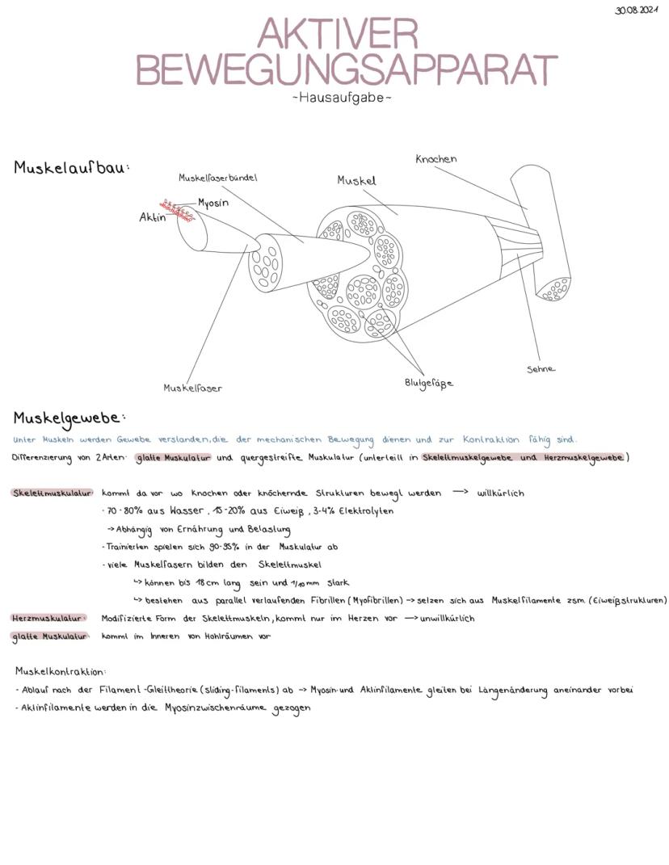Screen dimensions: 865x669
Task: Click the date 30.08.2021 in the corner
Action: pos(637,10)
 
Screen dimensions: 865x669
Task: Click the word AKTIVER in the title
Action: pos(339,36)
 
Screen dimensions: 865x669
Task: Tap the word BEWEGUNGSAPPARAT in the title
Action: pos(346,70)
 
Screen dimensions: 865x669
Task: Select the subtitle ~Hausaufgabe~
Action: pos(342,99)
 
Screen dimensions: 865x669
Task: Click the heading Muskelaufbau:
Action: pos(72,168)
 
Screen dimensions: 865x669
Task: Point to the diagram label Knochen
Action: pos(435,159)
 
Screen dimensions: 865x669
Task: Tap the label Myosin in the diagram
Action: pos(213,203)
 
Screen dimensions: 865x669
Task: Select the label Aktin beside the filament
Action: pos(152,217)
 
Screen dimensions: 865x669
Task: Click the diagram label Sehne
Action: pos(541,369)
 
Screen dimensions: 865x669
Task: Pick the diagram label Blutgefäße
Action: pos(428,383)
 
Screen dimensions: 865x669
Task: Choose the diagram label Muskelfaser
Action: pos(192,388)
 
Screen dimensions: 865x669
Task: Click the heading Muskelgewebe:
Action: pos(69,418)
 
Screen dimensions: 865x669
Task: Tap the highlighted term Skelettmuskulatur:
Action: pos(53,493)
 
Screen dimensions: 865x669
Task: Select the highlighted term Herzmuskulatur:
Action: pos(48,619)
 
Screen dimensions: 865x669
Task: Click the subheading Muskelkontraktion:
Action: pos(61,671)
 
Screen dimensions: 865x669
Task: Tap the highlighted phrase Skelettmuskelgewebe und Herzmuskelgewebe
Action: pos(523,458)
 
